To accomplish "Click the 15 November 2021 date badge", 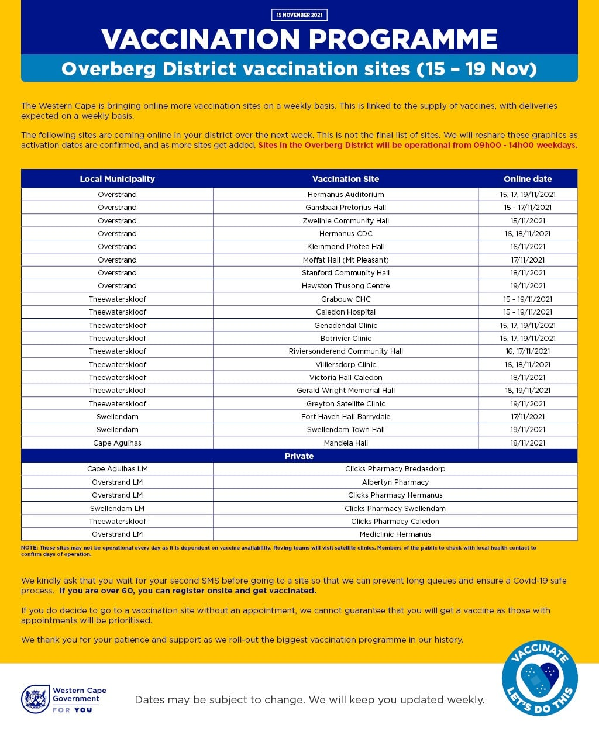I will pos(299,15).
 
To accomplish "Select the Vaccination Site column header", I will pos(346,179).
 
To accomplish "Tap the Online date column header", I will pos(528,179).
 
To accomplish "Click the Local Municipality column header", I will pos(117,179).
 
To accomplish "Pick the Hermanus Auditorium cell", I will pos(346,194).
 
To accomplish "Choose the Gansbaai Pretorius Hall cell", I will pos(346,208).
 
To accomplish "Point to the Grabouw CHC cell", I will pos(346,299).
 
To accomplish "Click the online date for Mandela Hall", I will pos(528,443).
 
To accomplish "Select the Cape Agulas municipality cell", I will pos(117,443).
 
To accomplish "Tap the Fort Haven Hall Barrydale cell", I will pos(346,417).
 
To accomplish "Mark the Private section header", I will pos(299,456).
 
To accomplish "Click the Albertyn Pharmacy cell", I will pos(395,482).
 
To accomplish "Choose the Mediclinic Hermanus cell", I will pos(395,534).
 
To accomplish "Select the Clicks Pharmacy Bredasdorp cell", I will pos(395,469).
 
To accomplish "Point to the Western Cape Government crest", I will pos(35,699).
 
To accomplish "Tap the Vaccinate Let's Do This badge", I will pos(539,678).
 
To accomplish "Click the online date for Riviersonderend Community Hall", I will pos(528,351).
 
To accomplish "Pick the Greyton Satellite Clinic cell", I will pos(346,403).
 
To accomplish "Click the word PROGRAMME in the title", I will pos(403,39).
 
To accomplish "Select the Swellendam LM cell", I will pos(117,509).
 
